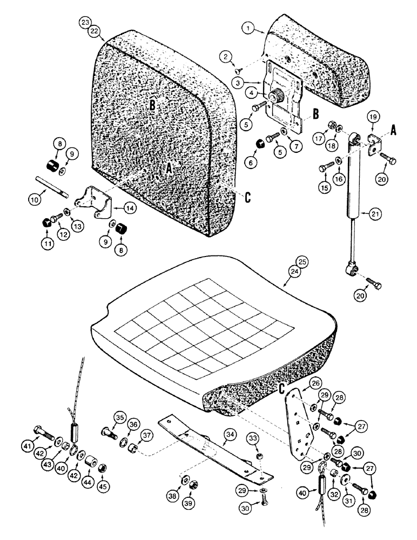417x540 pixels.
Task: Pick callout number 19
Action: click(x=372, y=117)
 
